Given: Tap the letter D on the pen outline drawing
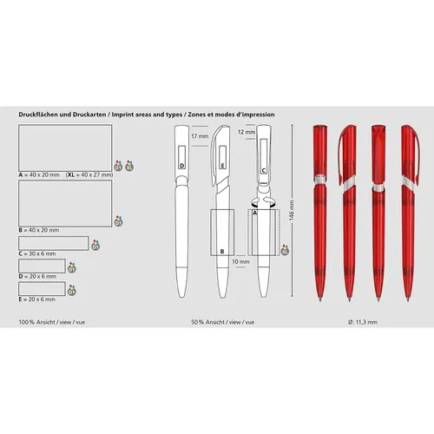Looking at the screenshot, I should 182,162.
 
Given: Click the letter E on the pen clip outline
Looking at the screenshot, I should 222,162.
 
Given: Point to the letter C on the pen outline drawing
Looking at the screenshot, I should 263,171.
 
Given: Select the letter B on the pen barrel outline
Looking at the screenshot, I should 223,251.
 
